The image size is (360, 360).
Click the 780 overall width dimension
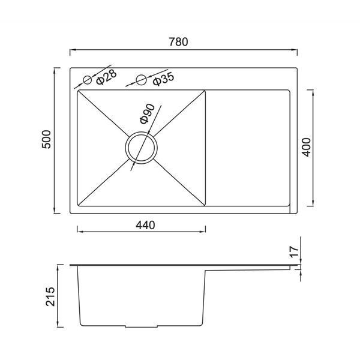click(178, 42)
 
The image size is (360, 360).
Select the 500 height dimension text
click(47, 139)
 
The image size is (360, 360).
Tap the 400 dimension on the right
click(307, 147)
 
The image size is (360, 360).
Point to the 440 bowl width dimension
click(145, 225)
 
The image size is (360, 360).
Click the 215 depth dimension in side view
click(50, 296)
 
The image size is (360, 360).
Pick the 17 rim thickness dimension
click(294, 251)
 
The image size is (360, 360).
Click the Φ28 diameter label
click(106, 77)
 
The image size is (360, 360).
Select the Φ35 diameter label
click(163, 79)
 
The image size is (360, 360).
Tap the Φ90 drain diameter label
click(147, 114)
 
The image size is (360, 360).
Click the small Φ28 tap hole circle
click(87, 80)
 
